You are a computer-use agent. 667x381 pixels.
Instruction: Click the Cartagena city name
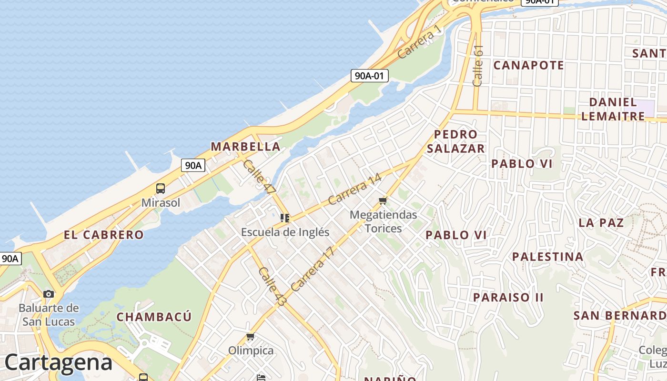tap(59, 363)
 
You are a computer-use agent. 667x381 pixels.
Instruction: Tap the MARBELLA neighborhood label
tap(245, 146)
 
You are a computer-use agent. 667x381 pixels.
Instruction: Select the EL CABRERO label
tap(103, 234)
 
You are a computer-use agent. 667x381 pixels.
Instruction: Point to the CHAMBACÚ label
tap(154, 317)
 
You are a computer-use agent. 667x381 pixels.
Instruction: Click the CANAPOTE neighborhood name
tap(528, 65)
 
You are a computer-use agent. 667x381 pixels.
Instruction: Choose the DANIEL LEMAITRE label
tap(613, 109)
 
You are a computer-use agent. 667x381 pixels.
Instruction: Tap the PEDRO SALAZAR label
tap(455, 141)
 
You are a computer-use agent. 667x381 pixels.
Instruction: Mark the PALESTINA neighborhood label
tap(547, 257)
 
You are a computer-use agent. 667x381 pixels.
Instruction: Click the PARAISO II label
tap(508, 297)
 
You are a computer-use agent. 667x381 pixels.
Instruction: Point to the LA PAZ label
tap(601, 222)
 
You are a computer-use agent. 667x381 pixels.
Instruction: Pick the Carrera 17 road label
tap(313, 269)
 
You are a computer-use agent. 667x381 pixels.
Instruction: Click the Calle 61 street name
tap(478, 66)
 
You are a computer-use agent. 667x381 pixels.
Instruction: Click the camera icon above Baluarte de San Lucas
tap(49, 294)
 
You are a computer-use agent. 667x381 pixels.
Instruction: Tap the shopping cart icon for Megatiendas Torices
tap(383, 201)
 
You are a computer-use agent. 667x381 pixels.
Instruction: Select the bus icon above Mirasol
tap(161, 189)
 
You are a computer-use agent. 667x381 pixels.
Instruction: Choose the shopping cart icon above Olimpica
tap(251, 337)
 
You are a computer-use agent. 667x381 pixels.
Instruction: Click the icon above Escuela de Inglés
tap(285, 218)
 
